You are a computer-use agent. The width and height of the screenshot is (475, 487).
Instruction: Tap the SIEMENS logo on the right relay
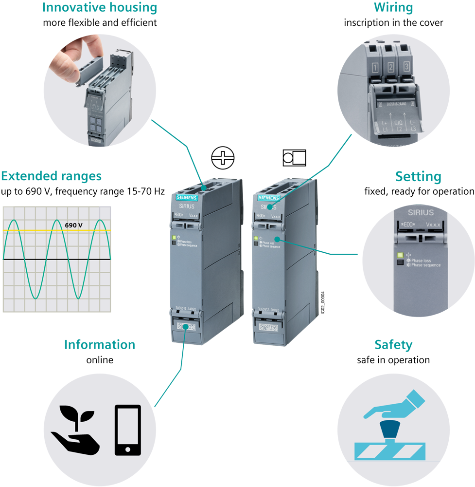(269, 198)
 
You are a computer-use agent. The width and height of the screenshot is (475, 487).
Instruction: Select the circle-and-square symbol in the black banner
(294, 158)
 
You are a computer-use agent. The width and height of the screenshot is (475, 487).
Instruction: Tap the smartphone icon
(127, 430)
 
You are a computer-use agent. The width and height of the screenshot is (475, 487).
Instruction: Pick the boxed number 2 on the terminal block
(390, 67)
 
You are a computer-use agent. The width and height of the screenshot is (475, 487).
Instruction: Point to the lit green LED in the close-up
(400, 254)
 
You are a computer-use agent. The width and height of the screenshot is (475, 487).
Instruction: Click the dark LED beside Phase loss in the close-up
(400, 262)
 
